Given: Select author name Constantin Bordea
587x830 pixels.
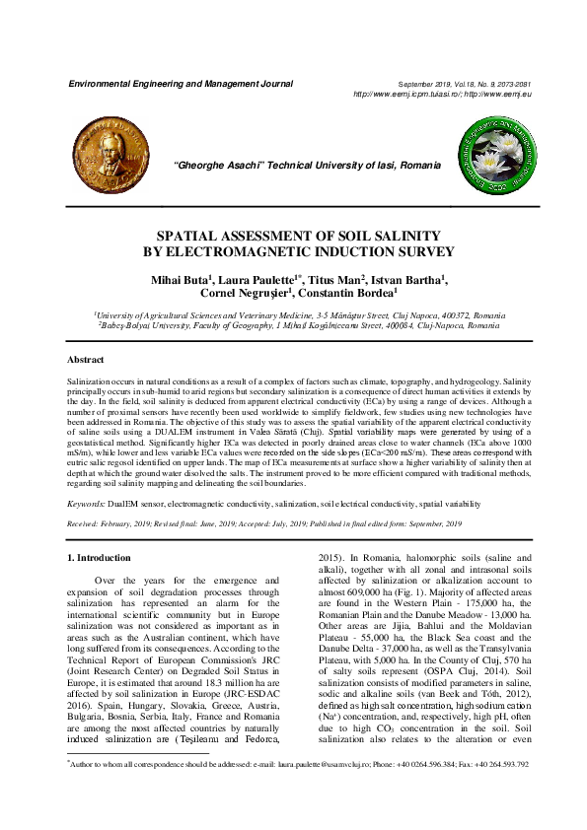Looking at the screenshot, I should point(350,294).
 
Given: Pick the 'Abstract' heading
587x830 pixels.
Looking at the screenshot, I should point(85,360).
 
